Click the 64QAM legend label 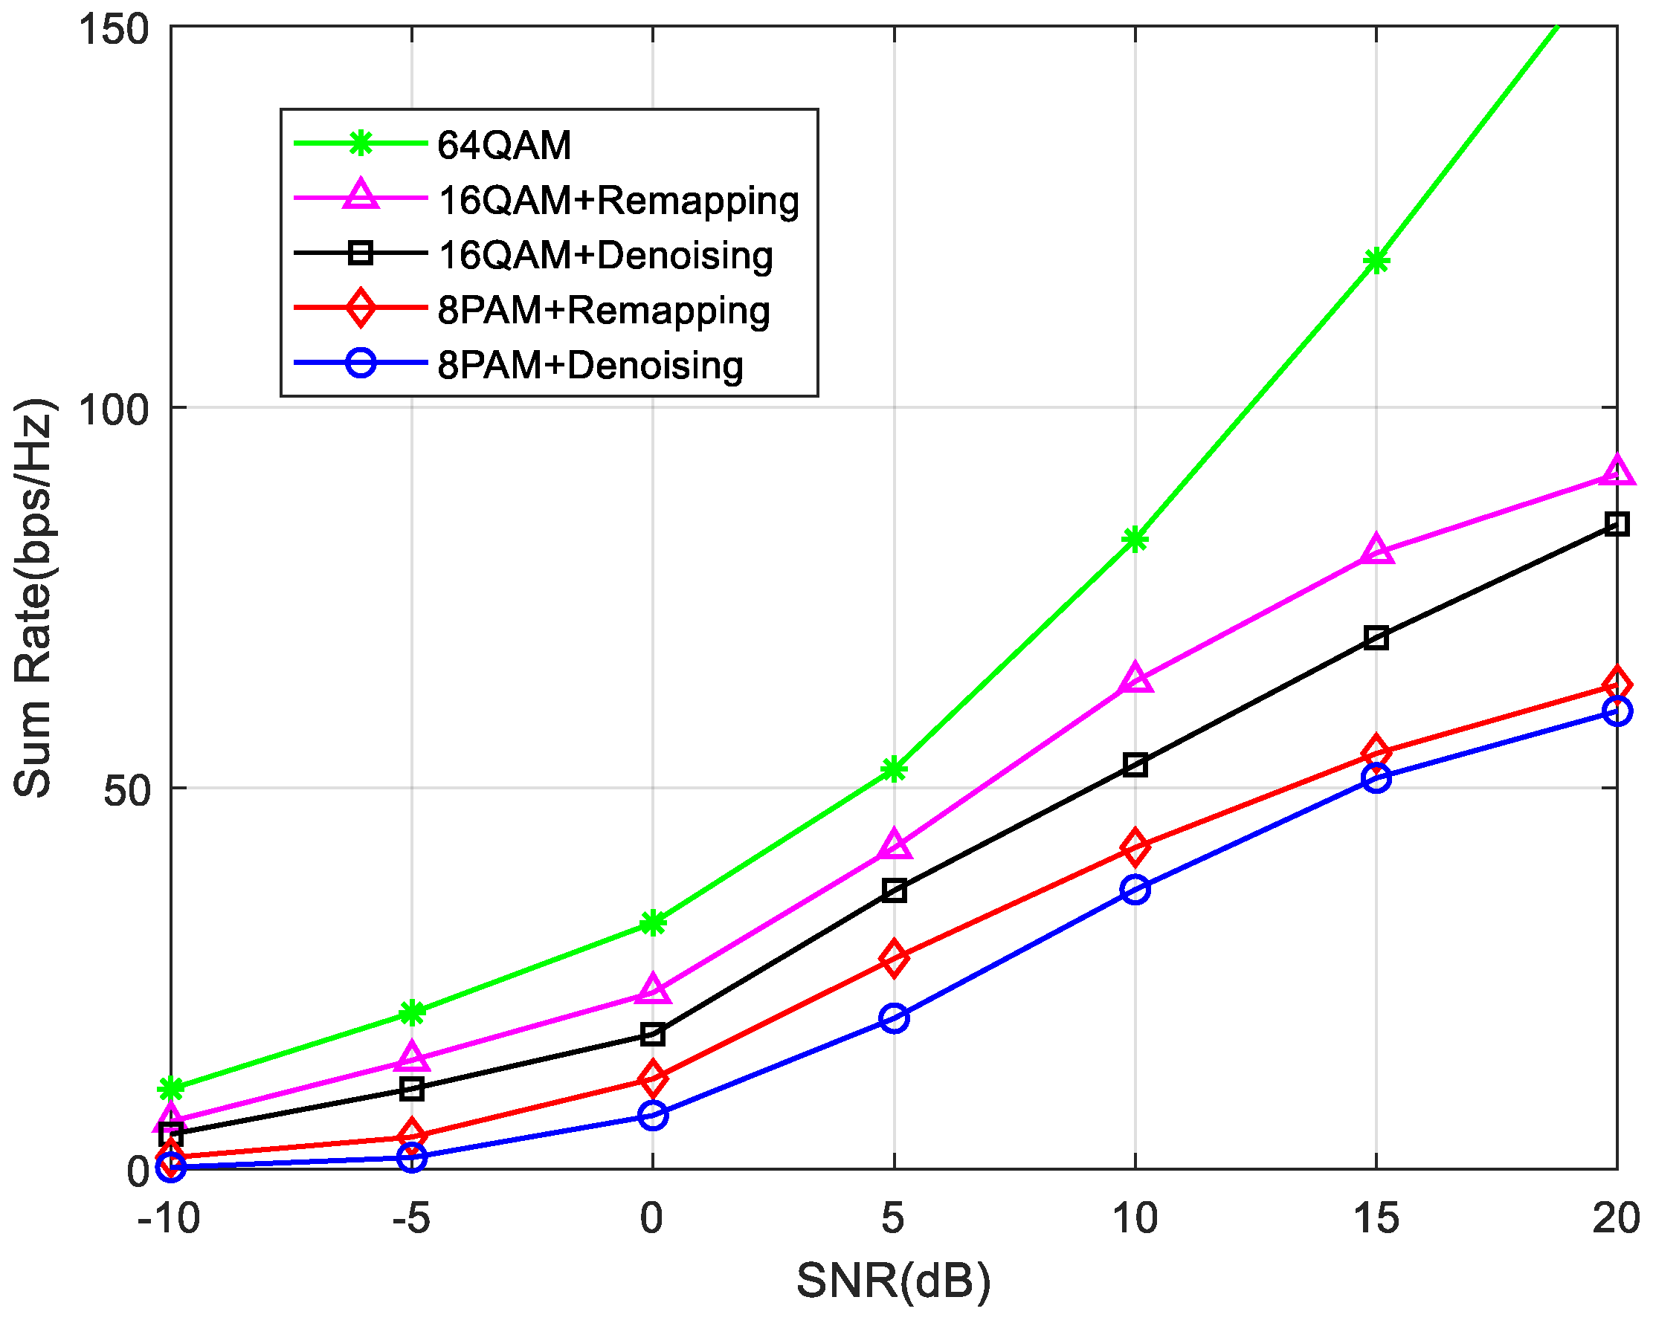coord(503,145)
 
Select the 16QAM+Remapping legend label coord(618,200)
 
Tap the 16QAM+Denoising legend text coord(605,255)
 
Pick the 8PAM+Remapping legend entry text coord(603,311)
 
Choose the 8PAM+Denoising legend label coord(590,366)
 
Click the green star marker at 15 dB coord(1376,262)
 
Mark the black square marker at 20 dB coord(1617,524)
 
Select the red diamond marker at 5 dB coord(894,958)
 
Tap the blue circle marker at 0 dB coord(652,1115)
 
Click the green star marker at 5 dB coord(894,769)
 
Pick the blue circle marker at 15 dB coord(1376,779)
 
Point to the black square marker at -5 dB coord(412,1088)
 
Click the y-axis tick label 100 coord(113,410)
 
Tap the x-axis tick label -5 coord(411,1219)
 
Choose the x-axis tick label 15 coord(1376,1219)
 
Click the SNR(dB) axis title coord(893,1280)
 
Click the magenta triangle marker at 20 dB coord(1617,470)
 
